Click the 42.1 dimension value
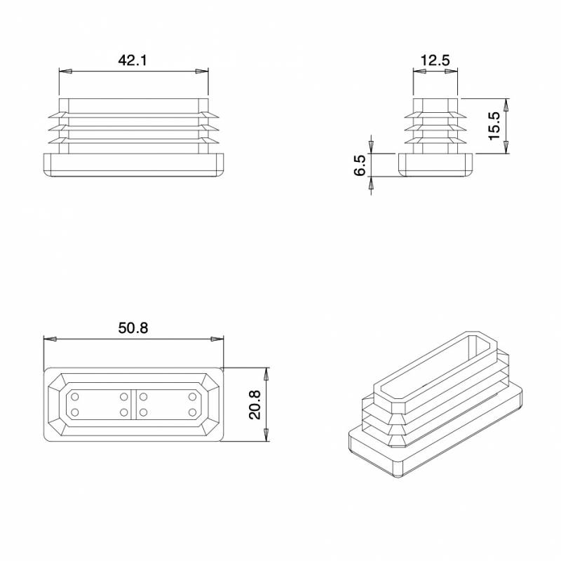click(x=132, y=60)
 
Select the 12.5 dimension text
click(x=435, y=60)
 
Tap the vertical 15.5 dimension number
click(x=494, y=126)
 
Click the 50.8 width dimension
click(x=133, y=327)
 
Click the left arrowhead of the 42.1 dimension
click(x=65, y=72)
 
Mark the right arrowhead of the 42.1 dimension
click(x=203, y=72)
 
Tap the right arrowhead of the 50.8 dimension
click(x=217, y=339)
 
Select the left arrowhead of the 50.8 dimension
click(x=50, y=339)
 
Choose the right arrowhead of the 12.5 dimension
click(x=453, y=72)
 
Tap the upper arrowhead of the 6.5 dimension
click(x=372, y=148)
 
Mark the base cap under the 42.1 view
click(x=133, y=164)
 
